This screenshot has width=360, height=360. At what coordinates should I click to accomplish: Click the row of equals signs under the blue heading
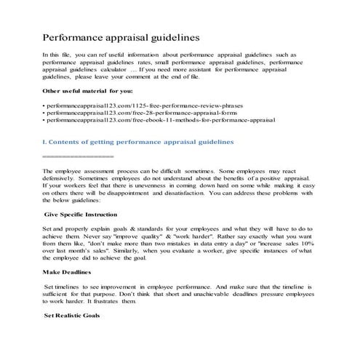tap(79, 156)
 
